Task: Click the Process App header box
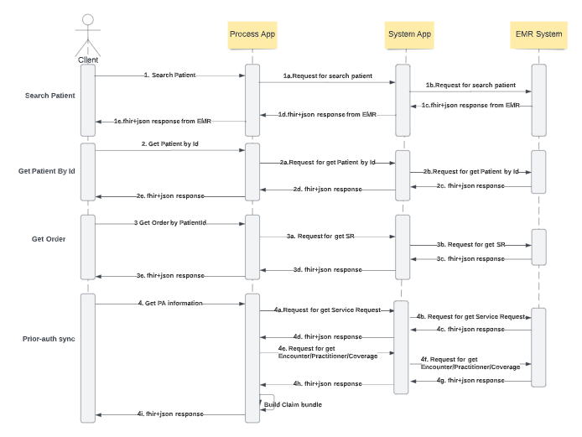[x=252, y=34]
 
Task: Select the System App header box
[x=409, y=34]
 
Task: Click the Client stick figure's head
[x=88, y=20]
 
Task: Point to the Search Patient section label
[x=49, y=96]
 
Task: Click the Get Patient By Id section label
[x=47, y=171]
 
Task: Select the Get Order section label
[x=49, y=239]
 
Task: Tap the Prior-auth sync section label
[x=49, y=339]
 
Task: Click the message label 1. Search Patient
[x=169, y=75]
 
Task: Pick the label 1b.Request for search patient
[x=470, y=85]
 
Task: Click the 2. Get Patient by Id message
[x=169, y=144]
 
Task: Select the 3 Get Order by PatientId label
[x=169, y=223]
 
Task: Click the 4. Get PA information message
[x=170, y=303]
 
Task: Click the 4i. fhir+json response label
[x=170, y=414]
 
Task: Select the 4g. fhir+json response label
[x=470, y=381]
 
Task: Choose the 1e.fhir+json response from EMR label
[x=163, y=121]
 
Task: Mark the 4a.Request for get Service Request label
[x=328, y=310]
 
